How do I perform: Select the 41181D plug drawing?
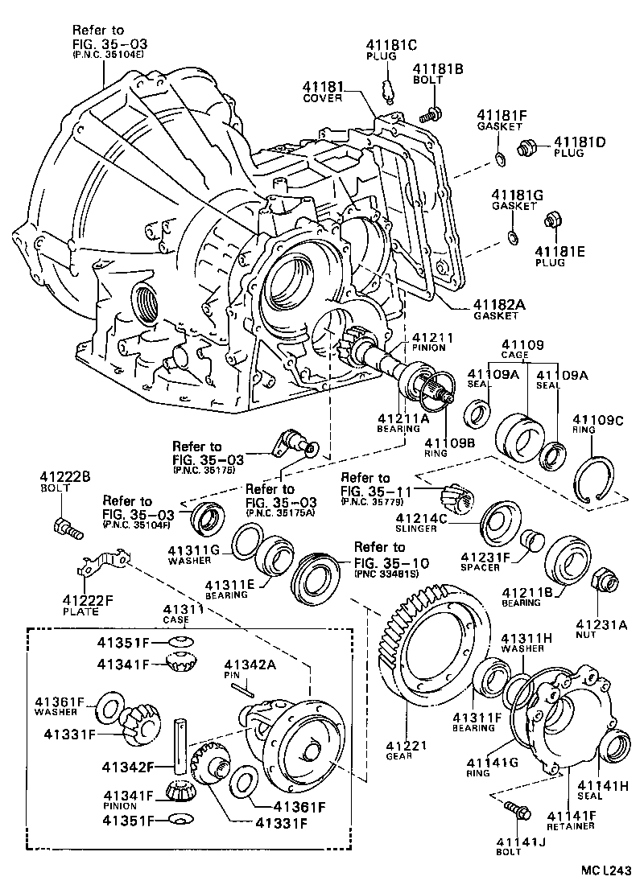click(x=528, y=147)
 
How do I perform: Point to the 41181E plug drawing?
click(x=553, y=218)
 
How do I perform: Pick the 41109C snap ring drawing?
click(x=596, y=481)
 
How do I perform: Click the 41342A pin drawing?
click(x=242, y=685)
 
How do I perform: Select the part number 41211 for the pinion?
click(x=433, y=337)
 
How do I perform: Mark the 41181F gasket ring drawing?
click(x=499, y=157)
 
